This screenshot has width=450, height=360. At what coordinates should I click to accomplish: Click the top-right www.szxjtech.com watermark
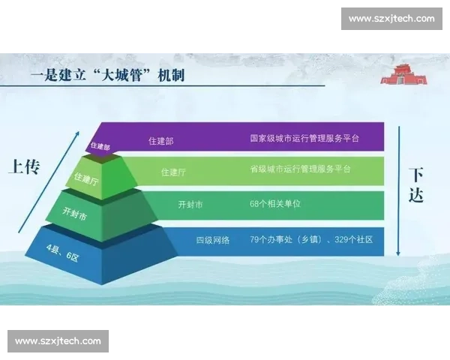391,18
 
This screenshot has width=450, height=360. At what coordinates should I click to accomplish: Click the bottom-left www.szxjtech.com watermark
58,341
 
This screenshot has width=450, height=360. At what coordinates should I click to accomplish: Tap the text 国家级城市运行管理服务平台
304,139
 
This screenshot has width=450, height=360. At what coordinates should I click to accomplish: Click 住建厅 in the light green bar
173,172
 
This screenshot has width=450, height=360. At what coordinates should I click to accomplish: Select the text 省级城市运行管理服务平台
300,169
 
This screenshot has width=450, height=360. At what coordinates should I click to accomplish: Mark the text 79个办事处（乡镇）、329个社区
311,240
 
